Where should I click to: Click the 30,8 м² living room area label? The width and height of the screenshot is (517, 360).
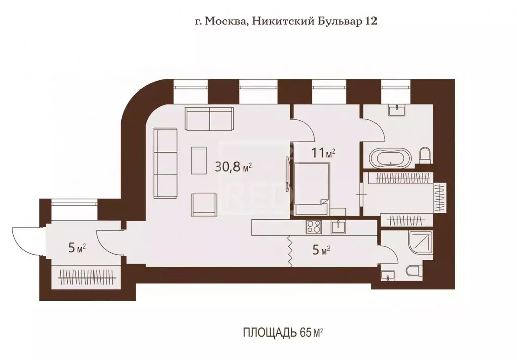(233, 167)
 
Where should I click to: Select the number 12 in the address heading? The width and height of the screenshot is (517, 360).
(371, 22)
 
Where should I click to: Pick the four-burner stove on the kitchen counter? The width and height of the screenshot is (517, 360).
(313, 227)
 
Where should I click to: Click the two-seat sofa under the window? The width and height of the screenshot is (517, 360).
(209, 118)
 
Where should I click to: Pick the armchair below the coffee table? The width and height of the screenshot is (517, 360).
(204, 204)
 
